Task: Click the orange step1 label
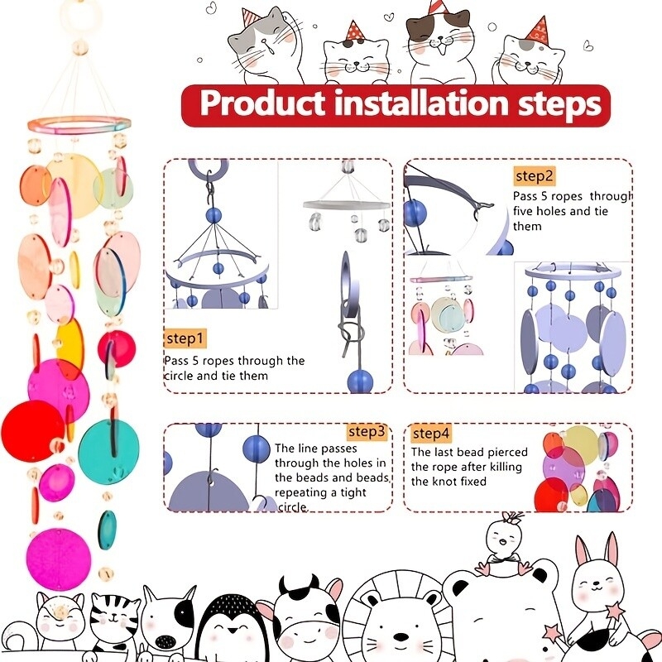185,338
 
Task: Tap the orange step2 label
534,176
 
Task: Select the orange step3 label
367,431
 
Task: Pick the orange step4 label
431,434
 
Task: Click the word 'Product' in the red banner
262,103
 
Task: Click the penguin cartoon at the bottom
228,627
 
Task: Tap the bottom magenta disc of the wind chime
58,559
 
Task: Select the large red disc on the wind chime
31,431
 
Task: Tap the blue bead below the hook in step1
213,216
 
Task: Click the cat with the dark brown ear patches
439,47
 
